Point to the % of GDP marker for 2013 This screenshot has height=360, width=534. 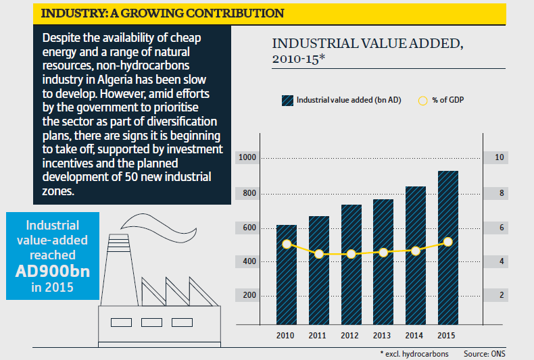(x=383, y=253)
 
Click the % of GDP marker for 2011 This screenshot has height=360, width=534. (x=319, y=254)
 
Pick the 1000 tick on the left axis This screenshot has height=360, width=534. (x=248, y=157)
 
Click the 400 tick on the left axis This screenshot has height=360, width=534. (x=248, y=261)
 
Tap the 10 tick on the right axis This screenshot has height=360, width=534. (x=501, y=157)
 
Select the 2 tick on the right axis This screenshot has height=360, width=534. (x=501, y=295)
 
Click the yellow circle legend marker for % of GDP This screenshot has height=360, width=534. (x=422, y=101)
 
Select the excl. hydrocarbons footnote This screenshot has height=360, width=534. (x=418, y=353)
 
